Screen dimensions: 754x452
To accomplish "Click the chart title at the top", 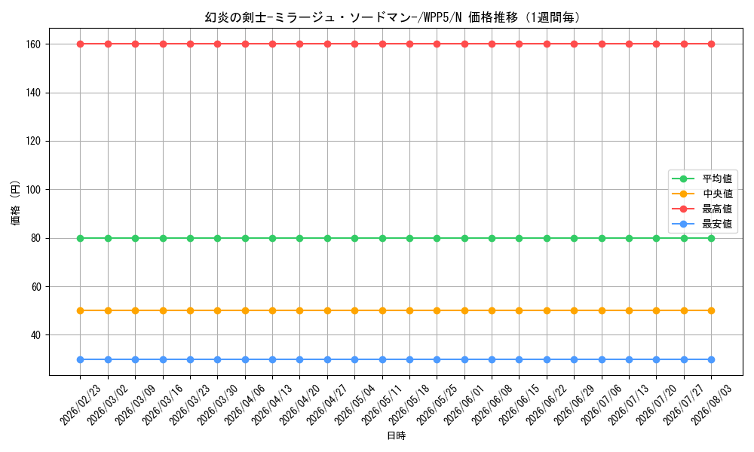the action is tap(392, 17).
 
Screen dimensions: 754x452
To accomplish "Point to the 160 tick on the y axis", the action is tap(34, 44).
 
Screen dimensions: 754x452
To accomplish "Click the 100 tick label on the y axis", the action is tap(34, 190).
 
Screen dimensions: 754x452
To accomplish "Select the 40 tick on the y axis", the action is tap(36, 335).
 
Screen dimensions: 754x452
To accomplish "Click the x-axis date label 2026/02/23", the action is tap(81, 405).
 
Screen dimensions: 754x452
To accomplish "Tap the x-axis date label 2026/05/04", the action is tap(355, 405).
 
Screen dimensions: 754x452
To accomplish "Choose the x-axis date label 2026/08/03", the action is tap(712, 405).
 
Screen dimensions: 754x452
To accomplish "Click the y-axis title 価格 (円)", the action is tap(15, 202).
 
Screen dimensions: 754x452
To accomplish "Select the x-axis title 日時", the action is tap(397, 435).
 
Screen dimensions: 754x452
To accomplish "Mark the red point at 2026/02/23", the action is tap(81, 44).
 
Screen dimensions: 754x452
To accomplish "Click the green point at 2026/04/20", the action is tap(299, 238).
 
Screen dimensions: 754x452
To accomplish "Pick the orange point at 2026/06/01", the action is tap(464, 311).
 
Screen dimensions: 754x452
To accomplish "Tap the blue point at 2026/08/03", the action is tap(712, 360).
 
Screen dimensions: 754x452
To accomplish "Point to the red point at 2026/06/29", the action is tap(574, 44).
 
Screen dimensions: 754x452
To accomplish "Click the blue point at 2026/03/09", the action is tap(135, 360).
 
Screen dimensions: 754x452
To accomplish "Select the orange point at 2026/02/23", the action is tap(81, 311).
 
